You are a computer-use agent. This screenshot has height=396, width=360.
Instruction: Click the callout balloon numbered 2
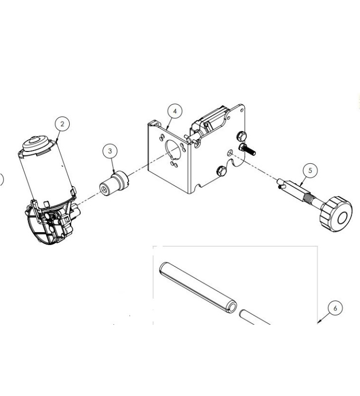(62, 124)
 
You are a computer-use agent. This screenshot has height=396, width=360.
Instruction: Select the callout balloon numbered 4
(173, 112)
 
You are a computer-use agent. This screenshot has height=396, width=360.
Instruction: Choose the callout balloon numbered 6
(335, 308)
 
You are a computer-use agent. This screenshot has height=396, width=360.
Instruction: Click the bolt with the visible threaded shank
(246, 148)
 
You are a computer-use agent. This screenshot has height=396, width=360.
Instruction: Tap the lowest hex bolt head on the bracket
(221, 172)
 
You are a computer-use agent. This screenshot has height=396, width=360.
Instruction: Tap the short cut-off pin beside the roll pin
(255, 318)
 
